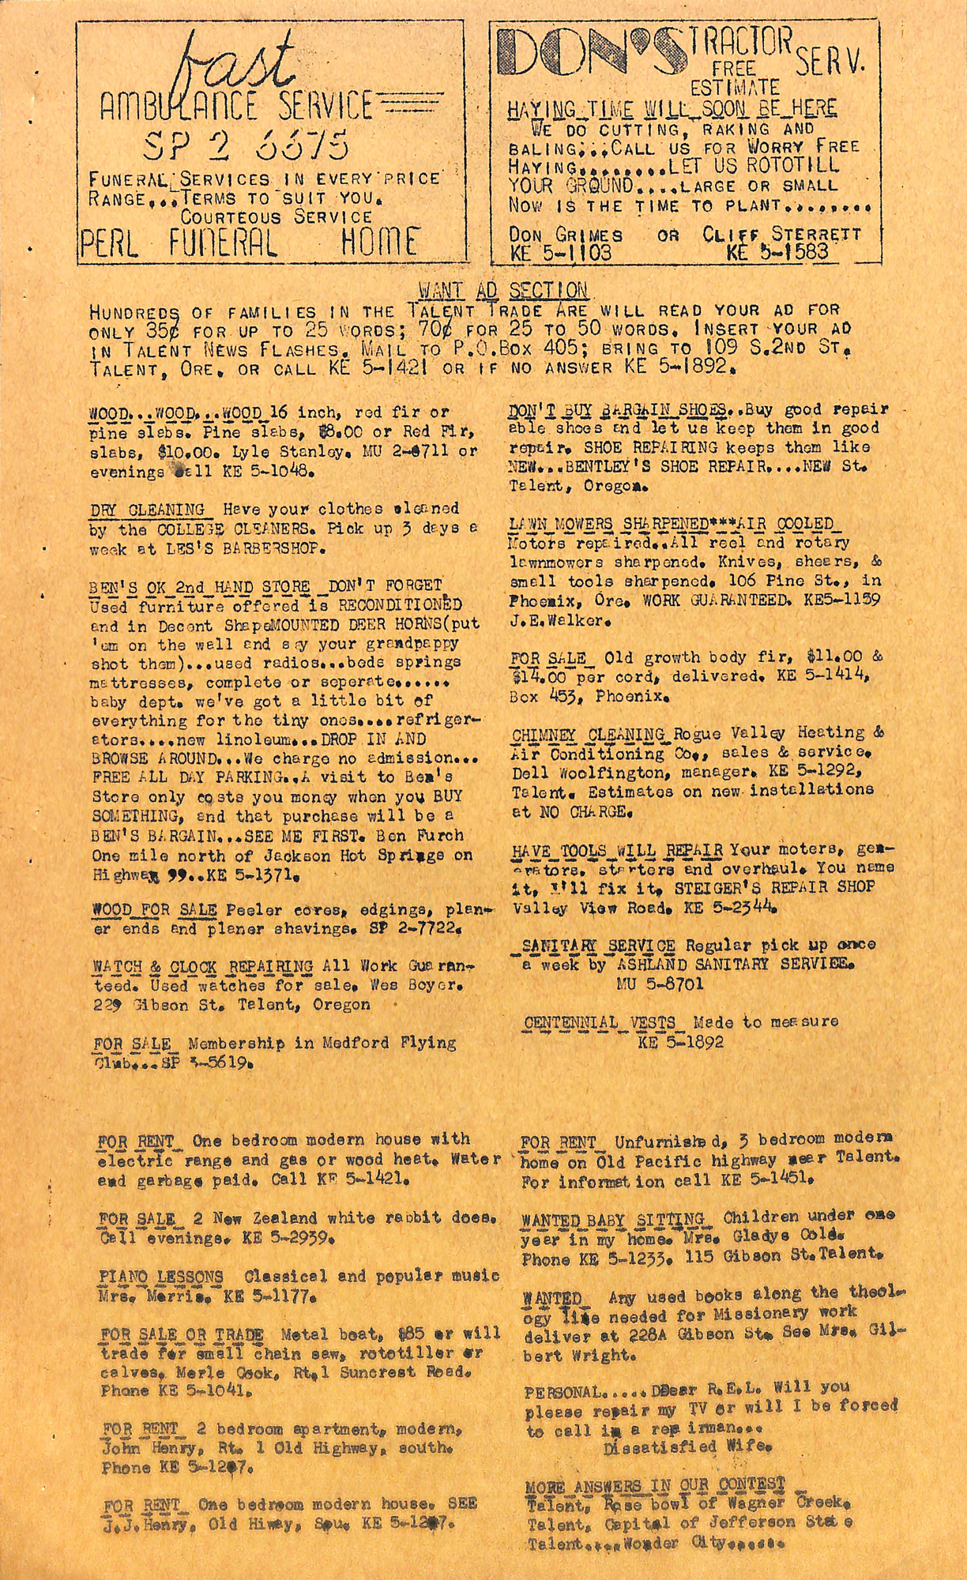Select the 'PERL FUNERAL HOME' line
[x=248, y=242]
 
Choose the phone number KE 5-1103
[x=561, y=253]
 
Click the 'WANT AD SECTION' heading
[x=503, y=290]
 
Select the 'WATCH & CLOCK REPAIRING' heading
[x=202, y=966]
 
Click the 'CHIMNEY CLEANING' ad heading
[x=589, y=734]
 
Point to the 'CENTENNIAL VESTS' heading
[x=600, y=1023]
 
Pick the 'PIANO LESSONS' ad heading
[x=161, y=1276]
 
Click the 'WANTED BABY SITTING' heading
[x=612, y=1219]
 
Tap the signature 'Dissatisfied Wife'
[x=687, y=1448]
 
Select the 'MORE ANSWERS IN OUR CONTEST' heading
[x=655, y=1484]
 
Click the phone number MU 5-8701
[x=660, y=984]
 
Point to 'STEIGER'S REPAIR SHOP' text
[x=774, y=887]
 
